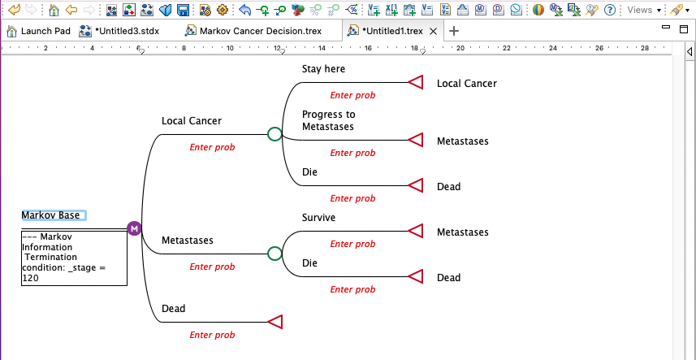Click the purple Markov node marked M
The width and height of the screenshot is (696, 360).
(134, 228)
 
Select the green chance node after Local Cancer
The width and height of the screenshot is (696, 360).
(275, 134)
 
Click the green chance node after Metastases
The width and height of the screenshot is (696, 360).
(275, 254)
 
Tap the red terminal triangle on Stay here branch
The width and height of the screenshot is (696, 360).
(416, 82)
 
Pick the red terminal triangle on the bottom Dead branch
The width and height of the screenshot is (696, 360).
(275, 322)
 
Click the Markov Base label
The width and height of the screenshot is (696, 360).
(51, 215)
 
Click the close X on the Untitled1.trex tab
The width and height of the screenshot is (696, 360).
(434, 31)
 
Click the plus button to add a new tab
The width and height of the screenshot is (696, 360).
(454, 31)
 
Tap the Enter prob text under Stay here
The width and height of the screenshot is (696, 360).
(352, 95)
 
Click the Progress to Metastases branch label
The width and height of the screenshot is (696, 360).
(328, 120)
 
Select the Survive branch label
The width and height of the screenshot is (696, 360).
(318, 218)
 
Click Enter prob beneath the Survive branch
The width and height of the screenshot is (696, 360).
(352, 244)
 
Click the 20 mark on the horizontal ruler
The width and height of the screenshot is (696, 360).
(460, 48)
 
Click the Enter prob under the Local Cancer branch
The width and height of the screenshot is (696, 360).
(212, 147)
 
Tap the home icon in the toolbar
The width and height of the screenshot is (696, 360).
(54, 10)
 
